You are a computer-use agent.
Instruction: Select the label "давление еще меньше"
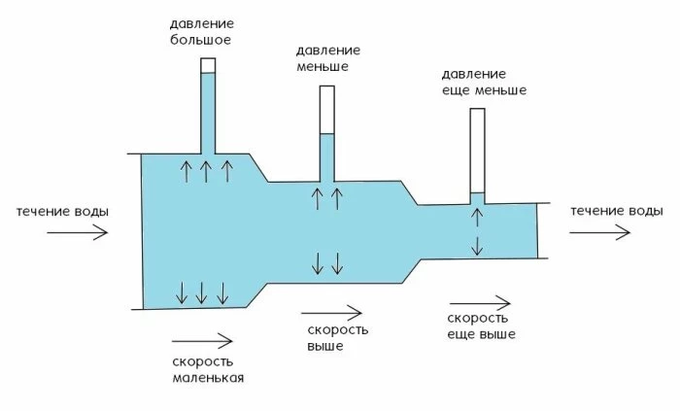coord(483,82)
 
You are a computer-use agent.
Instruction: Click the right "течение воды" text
coord(617,211)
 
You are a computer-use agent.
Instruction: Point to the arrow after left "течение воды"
coord(77,232)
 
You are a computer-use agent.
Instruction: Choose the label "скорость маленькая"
coord(207,369)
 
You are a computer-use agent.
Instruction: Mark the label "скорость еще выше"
coord(481,326)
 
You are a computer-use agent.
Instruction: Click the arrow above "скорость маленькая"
coord(202,340)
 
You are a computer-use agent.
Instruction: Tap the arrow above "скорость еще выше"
coord(480,300)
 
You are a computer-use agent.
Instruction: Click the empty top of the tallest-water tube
coord(208,66)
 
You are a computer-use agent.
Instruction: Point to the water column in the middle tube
coord(327,155)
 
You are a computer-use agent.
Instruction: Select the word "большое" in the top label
coord(208,41)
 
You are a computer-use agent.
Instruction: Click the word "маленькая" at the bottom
coord(207,378)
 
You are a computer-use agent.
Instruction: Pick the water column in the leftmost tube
coord(208,112)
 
